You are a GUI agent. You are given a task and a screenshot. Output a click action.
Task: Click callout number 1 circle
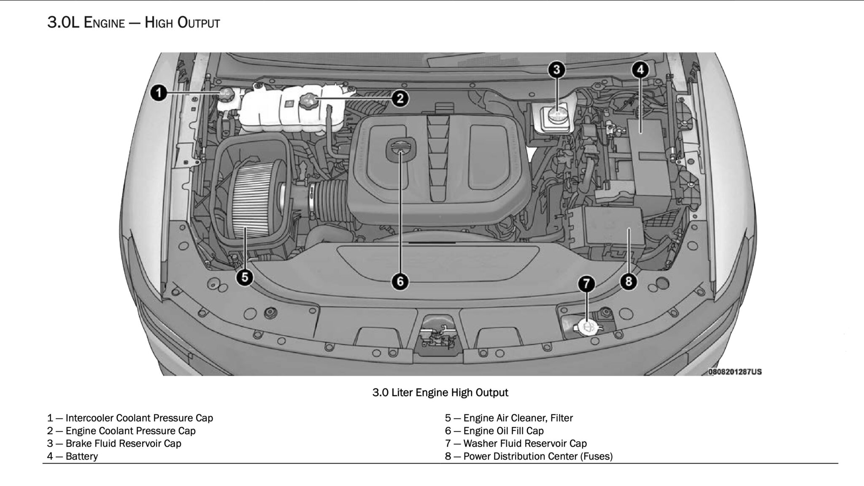(159, 92)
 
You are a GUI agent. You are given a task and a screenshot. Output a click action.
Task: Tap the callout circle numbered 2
(400, 99)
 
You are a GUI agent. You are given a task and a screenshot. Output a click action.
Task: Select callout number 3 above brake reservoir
(556, 70)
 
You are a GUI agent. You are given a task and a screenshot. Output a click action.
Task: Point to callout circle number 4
(640, 70)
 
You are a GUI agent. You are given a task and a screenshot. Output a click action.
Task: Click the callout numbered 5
(245, 278)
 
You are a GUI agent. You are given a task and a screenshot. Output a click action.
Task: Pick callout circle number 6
(400, 281)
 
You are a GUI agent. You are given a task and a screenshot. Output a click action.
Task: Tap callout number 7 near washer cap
(586, 283)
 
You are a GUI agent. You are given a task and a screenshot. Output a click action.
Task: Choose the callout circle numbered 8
(629, 281)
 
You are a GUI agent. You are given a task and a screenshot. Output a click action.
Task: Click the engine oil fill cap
(400, 148)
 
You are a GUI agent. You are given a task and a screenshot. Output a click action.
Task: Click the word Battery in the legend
(82, 456)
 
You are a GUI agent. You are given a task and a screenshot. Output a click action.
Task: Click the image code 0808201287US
(735, 372)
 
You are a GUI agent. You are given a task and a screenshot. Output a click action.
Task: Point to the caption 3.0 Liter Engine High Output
(440, 392)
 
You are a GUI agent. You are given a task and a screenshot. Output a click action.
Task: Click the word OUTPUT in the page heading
(199, 22)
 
